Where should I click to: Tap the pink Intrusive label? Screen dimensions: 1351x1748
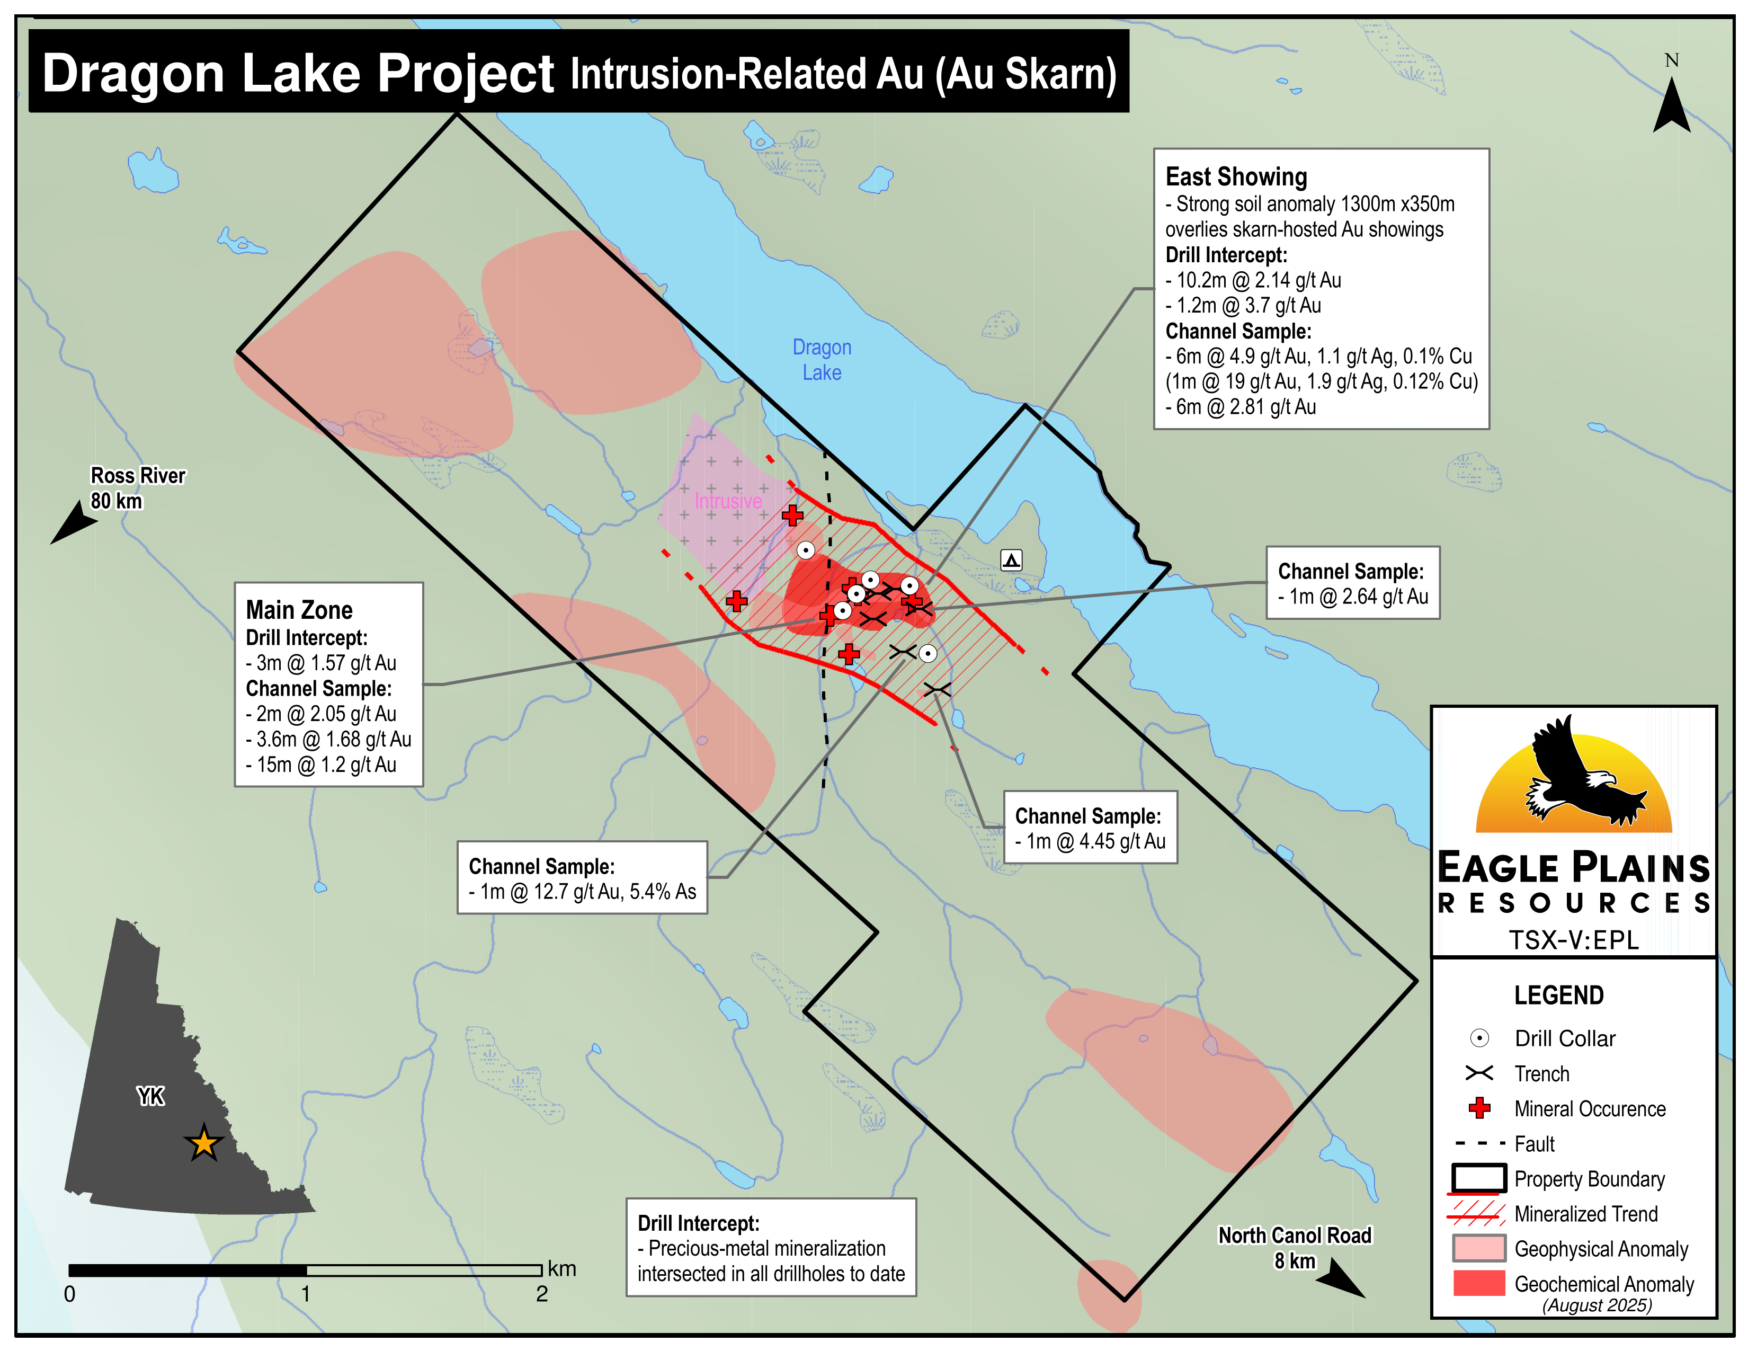727,501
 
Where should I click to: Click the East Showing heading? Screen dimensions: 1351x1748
1236,177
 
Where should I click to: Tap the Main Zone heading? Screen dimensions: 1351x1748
299,610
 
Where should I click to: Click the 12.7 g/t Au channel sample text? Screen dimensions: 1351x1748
587,892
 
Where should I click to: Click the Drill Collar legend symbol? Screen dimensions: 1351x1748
1479,1039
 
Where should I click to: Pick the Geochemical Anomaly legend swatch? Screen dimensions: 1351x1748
1478,1284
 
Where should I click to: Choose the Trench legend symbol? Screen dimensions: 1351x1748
1478,1073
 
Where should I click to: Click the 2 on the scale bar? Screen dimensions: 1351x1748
542,1294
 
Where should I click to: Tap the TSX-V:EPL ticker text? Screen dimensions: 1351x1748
1574,940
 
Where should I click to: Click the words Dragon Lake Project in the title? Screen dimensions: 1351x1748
298,74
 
